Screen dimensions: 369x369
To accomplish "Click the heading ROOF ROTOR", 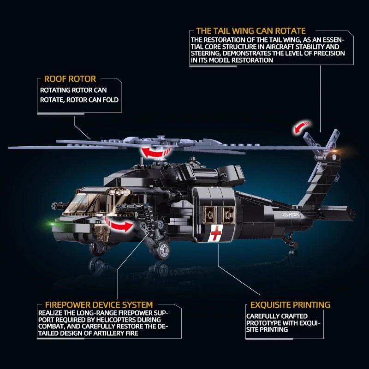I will pyautogui.click(x=70, y=79).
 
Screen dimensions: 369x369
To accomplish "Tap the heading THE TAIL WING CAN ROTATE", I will pyautogui.click(x=251, y=31).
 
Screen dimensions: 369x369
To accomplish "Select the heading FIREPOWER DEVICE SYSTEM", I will pyautogui.click(x=99, y=305).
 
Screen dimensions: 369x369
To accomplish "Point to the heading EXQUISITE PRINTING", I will pyautogui.click(x=290, y=305).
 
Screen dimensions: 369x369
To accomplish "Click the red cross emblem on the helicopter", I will pyautogui.click(x=215, y=234).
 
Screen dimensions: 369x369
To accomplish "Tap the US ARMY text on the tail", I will pyautogui.click(x=292, y=214).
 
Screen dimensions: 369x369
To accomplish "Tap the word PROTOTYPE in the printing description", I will pyautogui.click(x=264, y=323).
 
